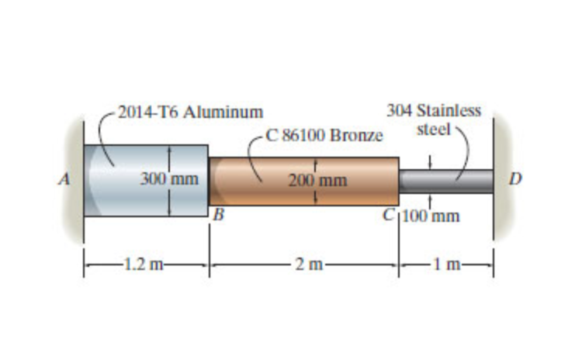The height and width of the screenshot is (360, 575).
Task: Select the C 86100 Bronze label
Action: click(x=324, y=135)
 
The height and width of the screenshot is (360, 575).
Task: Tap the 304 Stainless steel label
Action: click(x=434, y=119)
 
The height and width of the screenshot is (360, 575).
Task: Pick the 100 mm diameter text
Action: click(x=431, y=215)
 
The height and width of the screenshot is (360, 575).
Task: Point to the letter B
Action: click(x=219, y=215)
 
